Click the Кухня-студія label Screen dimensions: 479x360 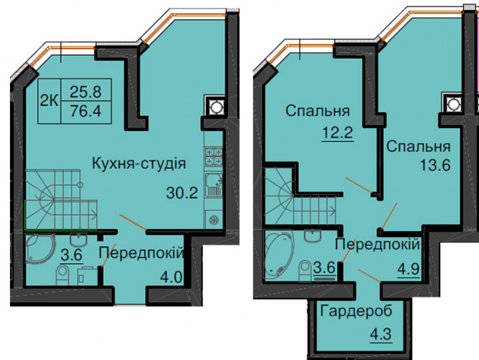139,163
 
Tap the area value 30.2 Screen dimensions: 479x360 182,193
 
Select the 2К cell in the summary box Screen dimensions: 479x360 49,101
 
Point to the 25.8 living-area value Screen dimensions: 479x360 86,91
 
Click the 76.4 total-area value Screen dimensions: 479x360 86,111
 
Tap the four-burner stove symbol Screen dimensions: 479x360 214,156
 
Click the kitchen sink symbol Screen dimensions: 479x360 214,184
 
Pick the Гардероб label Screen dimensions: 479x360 357,311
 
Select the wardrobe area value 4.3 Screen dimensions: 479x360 381,334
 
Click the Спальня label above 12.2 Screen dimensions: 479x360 318,111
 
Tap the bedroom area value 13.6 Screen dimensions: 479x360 435,165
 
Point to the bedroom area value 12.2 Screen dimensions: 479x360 338,132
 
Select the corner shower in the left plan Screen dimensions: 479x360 40,248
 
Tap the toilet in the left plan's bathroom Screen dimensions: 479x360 63,275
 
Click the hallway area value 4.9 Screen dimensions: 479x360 408,269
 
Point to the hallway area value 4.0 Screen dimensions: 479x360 171,277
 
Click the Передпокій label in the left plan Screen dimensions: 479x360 141,253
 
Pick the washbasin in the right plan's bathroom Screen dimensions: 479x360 313,235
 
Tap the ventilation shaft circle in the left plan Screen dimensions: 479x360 216,107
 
